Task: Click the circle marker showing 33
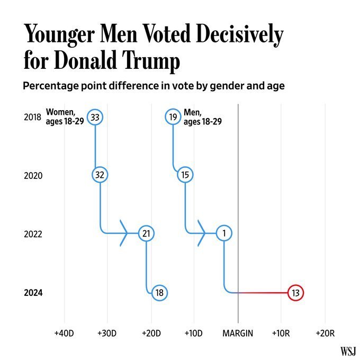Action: click(95, 116)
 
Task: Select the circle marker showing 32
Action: click(100, 175)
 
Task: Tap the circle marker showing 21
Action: click(146, 233)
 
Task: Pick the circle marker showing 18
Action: click(159, 292)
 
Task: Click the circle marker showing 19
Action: click(173, 116)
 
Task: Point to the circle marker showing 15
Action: click(185, 175)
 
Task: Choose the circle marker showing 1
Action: click(224, 233)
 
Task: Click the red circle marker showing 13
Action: click(296, 292)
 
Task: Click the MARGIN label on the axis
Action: click(238, 333)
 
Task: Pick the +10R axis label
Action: click(281, 333)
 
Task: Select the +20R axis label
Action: click(325, 333)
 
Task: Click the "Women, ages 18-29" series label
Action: click(65, 116)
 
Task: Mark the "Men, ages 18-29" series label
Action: click(202, 116)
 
